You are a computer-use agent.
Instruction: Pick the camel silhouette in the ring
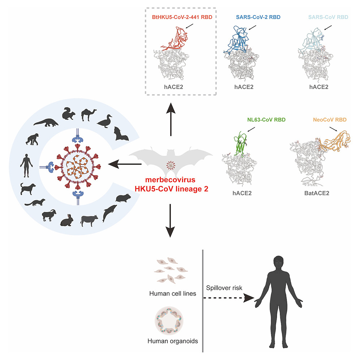coord(88,114)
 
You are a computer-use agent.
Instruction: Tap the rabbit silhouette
coord(65,219)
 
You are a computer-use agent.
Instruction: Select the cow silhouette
coord(88,220)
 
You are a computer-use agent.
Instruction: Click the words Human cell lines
coord(168,293)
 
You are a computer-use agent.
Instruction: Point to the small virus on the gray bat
coord(170,165)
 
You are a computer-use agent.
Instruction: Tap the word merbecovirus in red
coord(170,180)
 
